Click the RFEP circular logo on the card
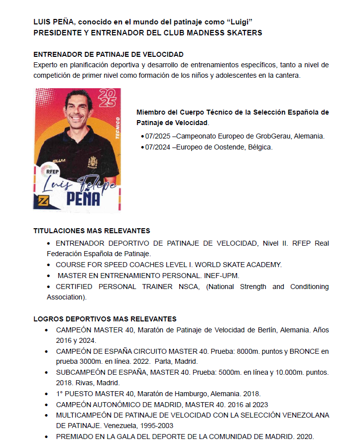click(x=53, y=171)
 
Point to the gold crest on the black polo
click(x=93, y=162)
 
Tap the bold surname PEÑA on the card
click(x=83, y=198)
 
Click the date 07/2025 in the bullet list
click(x=156, y=136)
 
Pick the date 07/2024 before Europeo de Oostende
click(x=156, y=147)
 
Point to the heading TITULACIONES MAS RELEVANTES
click(x=92, y=231)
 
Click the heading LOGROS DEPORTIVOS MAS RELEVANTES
click(x=105, y=319)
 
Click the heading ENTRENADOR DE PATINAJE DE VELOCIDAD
click(x=109, y=54)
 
